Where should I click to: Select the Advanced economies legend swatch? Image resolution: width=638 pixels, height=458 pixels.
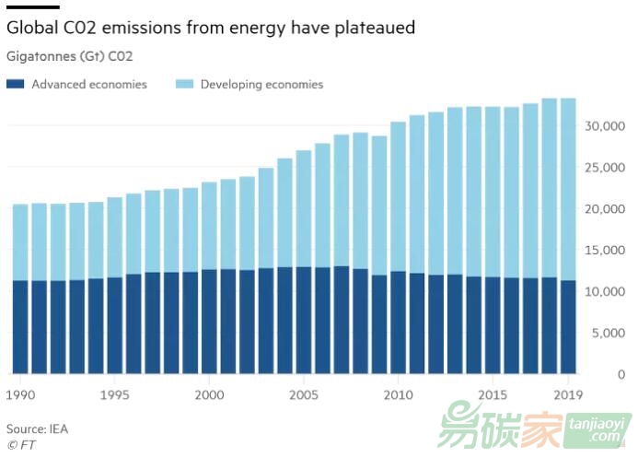coord(15,85)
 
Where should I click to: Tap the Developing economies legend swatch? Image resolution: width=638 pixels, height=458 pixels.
coord(183,85)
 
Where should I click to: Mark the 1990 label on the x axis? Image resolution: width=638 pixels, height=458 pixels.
coord(21,393)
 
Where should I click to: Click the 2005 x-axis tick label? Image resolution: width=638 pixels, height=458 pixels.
coord(305,393)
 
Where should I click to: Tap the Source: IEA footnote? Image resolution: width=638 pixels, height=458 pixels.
coord(37,429)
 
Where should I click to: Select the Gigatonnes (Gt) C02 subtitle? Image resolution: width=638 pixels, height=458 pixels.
coord(69,57)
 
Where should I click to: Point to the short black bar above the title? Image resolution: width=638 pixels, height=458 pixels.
coord(33,6)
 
